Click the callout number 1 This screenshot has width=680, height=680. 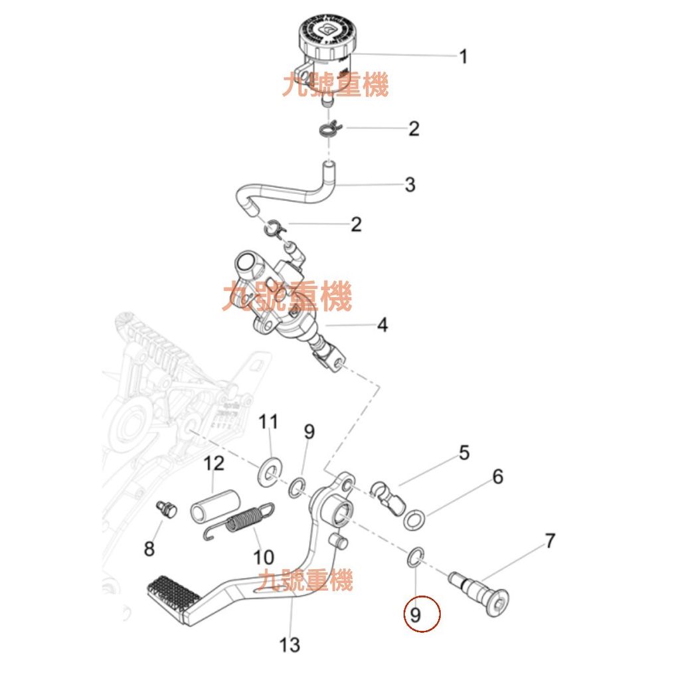click(463, 56)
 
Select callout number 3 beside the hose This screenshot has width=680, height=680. click(410, 185)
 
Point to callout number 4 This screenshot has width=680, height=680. click(382, 325)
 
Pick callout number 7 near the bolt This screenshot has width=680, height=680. click(549, 541)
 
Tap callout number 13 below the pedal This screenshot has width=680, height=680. click(290, 643)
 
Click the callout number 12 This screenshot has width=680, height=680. click(214, 463)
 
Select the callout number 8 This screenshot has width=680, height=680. click(149, 549)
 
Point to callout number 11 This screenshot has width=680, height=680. click(268, 422)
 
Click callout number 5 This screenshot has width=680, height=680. click(464, 453)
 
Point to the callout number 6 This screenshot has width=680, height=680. click(497, 477)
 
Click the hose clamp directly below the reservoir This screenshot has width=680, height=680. click(330, 127)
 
